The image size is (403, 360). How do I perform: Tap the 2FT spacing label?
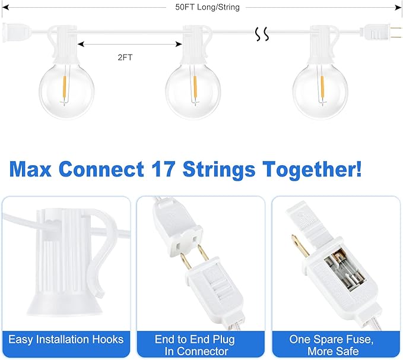125,58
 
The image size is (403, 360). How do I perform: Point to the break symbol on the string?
262,35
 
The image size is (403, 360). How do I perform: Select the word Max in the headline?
36,169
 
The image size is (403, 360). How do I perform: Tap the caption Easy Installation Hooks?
66,340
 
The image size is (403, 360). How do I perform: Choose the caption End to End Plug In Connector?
195,345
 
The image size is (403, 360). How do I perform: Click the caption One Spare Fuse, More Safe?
331,345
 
